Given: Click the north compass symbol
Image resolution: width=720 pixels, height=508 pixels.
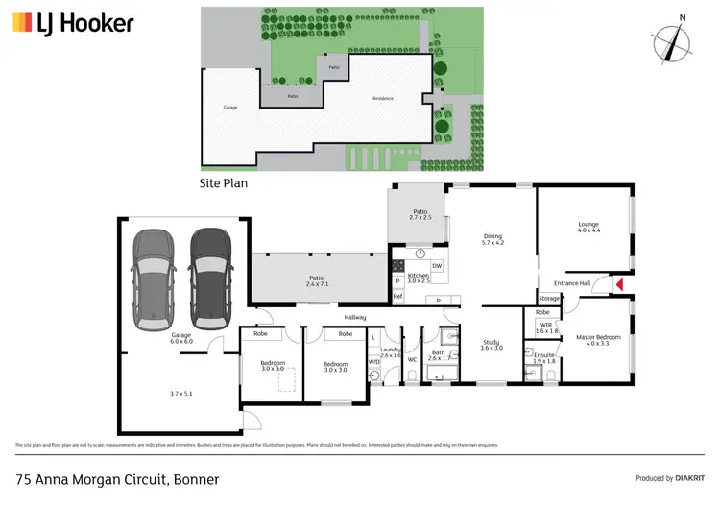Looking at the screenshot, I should (678, 41).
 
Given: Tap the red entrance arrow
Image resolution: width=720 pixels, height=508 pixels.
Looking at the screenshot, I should (619, 284).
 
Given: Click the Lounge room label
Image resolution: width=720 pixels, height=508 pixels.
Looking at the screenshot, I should (588, 228).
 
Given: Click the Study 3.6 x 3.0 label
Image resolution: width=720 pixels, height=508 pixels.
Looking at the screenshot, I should (491, 345).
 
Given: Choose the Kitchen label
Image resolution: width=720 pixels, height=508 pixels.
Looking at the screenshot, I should (419, 278).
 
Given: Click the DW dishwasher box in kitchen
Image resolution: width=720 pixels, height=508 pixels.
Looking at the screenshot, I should (437, 266).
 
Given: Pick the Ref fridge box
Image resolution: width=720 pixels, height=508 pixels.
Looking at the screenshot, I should (397, 297).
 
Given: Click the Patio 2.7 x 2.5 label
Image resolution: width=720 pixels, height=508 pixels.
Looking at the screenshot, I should (420, 215).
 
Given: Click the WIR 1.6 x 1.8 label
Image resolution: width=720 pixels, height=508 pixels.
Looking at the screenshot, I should (546, 328).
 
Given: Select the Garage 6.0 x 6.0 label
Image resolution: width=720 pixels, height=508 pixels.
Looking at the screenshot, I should (156, 339).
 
